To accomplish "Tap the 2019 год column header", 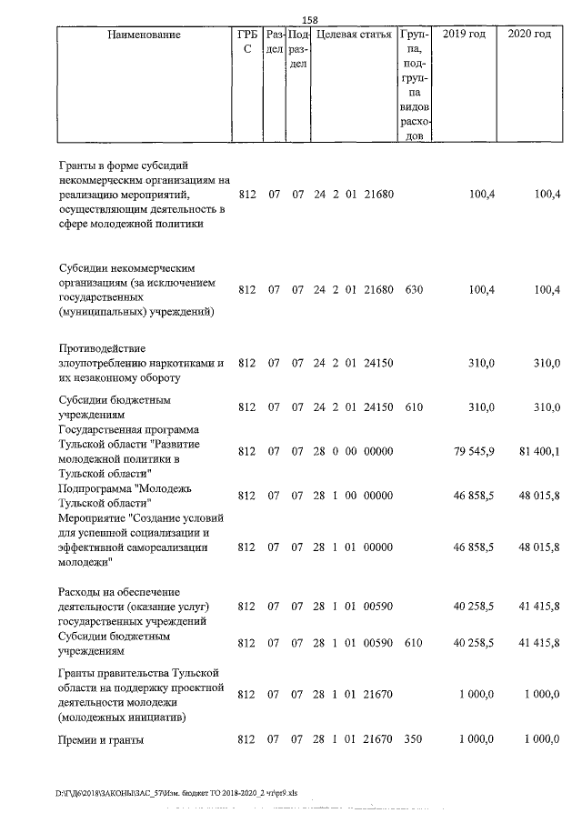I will pos(464,35).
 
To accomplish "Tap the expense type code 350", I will pos(414,739).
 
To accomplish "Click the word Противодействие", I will pos(101,348).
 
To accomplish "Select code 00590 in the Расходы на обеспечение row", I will pos(377,607).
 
